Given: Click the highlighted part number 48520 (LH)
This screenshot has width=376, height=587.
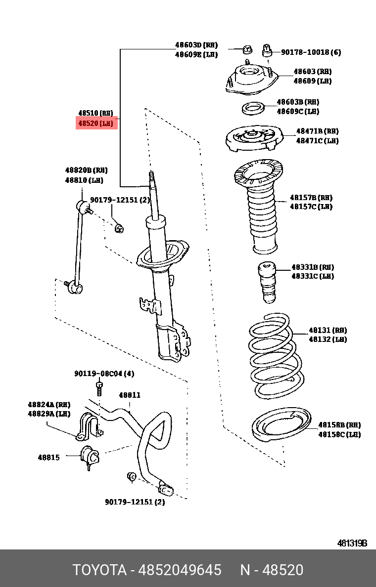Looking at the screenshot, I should coord(96,123).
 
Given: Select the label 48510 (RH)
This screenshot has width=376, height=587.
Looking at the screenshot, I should coord(96,113).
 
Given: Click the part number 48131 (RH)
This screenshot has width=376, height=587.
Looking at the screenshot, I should coord(328,330).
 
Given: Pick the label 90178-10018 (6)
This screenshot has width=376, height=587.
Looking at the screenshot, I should coord(311,52).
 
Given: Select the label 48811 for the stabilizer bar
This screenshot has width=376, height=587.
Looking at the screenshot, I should coord(129,395).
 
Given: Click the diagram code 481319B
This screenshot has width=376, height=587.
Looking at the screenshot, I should coord(352,543).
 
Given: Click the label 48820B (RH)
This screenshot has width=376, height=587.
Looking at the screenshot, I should coord(86,170).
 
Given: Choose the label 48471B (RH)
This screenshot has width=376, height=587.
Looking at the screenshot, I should coord(317,131).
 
